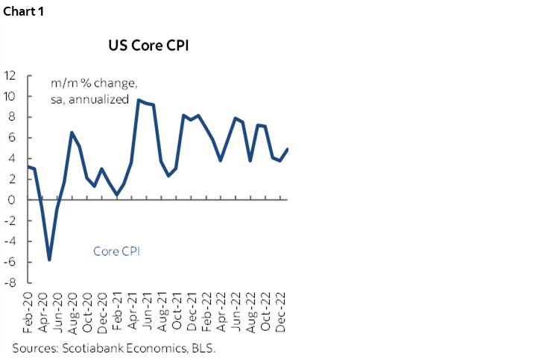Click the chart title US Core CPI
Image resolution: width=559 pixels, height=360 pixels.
click(148, 45)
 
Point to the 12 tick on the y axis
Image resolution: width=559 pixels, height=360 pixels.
click(11, 75)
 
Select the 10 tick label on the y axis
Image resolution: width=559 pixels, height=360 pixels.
click(11, 95)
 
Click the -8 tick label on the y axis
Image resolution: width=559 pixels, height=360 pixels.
click(11, 283)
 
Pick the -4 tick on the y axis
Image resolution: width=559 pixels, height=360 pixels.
click(11, 241)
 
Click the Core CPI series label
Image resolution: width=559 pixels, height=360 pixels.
click(117, 251)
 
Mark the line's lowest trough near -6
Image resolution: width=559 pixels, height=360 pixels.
click(49, 259)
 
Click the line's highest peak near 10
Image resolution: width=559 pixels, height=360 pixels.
click(139, 100)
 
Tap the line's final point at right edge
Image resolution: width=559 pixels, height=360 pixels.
click(288, 149)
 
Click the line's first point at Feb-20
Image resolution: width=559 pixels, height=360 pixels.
click(28, 167)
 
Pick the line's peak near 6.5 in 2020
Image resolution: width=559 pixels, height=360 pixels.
click(72, 133)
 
